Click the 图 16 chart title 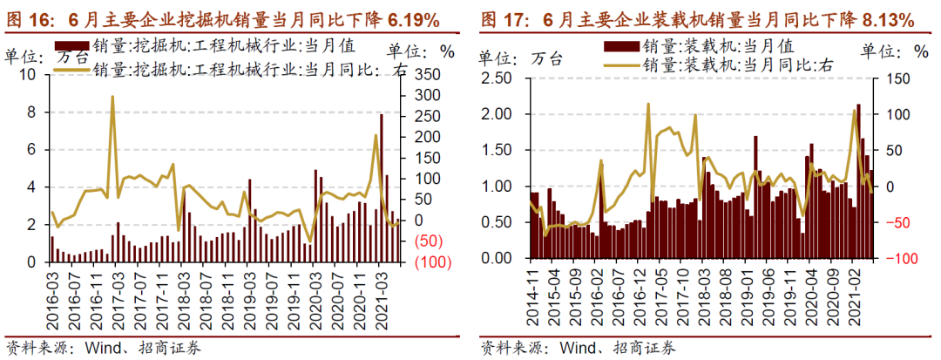[x=223, y=18]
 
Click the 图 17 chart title [x=697, y=18]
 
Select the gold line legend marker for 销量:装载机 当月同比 [x=620, y=64]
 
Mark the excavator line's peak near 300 [x=112, y=97]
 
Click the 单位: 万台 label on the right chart [x=523, y=58]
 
